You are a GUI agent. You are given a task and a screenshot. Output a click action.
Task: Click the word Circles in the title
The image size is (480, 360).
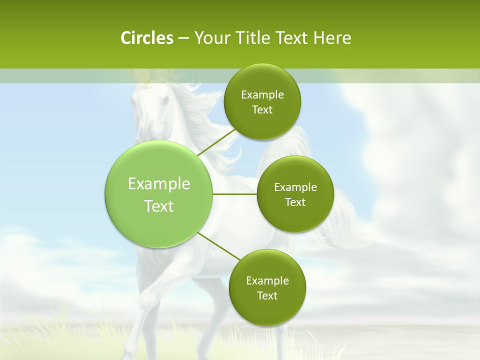point(146,38)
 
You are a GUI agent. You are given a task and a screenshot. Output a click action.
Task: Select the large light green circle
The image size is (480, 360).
point(159,194)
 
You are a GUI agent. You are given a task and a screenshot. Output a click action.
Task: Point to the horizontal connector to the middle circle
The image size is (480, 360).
point(235,194)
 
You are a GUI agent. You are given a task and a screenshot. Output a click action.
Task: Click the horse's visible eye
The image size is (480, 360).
point(165,101)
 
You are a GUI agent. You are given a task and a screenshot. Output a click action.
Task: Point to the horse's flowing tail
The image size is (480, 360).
point(345,220)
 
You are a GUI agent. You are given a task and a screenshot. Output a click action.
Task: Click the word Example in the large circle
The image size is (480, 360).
point(159,184)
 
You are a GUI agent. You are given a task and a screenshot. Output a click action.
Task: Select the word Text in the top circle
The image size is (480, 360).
point(262,110)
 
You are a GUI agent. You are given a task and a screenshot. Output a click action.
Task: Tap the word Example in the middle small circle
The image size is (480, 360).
point(295,187)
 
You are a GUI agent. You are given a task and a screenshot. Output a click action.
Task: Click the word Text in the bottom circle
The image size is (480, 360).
point(267,295)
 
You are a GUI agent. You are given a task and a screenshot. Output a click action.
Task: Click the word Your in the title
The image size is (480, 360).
point(210,38)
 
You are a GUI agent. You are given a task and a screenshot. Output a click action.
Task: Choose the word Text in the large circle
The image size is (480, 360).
point(159,206)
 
